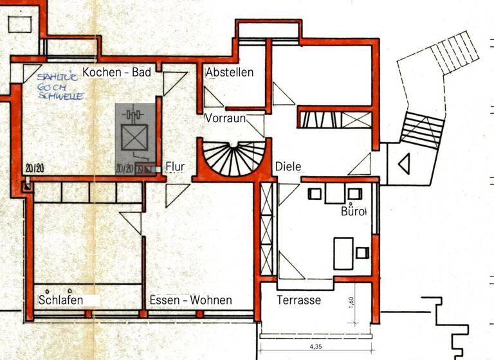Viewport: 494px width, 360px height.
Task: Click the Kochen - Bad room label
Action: coord(116,73)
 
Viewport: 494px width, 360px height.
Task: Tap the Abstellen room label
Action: coord(230,73)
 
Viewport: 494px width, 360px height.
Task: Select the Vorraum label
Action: coord(226,118)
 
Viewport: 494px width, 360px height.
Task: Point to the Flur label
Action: coord(175,167)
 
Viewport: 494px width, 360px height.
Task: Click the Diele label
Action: coord(288,166)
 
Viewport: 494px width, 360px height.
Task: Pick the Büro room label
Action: coord(353,211)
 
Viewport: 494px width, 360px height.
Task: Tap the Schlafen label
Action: coord(62,300)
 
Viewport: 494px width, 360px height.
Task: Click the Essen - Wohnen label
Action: coord(190,300)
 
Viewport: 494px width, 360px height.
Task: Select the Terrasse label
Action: coord(298,300)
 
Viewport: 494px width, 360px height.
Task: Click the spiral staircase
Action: coord(231,159)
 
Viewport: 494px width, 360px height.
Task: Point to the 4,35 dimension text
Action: coord(316,347)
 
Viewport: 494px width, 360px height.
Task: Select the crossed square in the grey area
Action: coord(135,137)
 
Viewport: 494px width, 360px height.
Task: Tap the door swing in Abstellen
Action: coord(213,98)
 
